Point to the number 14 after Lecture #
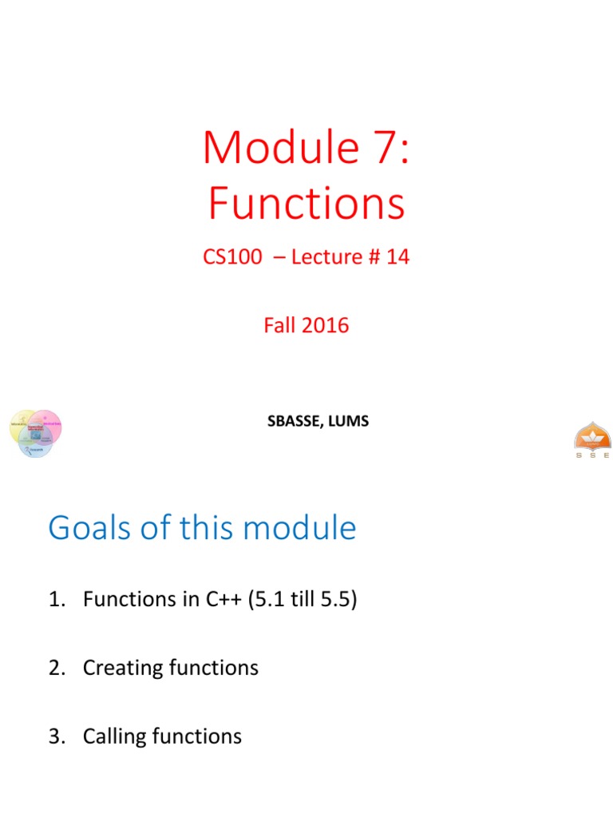click(x=397, y=257)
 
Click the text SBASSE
click(x=294, y=420)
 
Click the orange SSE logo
click(x=591, y=439)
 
